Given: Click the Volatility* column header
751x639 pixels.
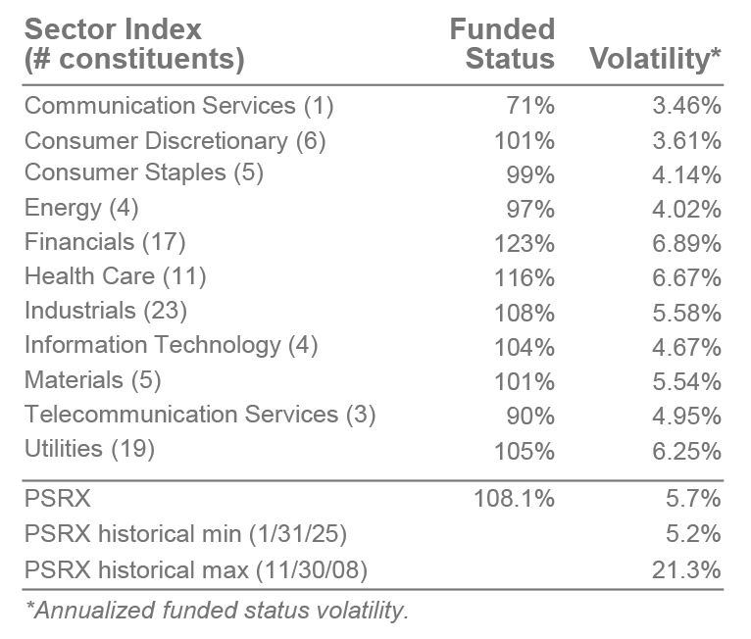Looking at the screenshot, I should click(x=656, y=58).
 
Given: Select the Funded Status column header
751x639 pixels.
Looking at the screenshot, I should click(x=502, y=43).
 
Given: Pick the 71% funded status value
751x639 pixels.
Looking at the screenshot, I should click(x=531, y=105).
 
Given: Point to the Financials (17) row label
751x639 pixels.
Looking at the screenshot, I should click(x=105, y=241).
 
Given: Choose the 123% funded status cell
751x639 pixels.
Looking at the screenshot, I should click(x=525, y=241).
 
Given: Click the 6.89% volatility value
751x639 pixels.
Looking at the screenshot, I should click(x=686, y=241).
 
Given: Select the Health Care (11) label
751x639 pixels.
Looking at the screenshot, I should click(x=116, y=276).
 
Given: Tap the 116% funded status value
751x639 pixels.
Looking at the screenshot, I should click(x=525, y=276).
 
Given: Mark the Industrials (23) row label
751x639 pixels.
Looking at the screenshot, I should click(x=106, y=312).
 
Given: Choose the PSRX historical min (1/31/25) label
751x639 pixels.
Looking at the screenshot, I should click(x=185, y=534).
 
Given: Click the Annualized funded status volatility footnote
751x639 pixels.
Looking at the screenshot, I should click(x=217, y=610).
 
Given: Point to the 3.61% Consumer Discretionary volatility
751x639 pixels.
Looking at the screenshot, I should click(x=686, y=140).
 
